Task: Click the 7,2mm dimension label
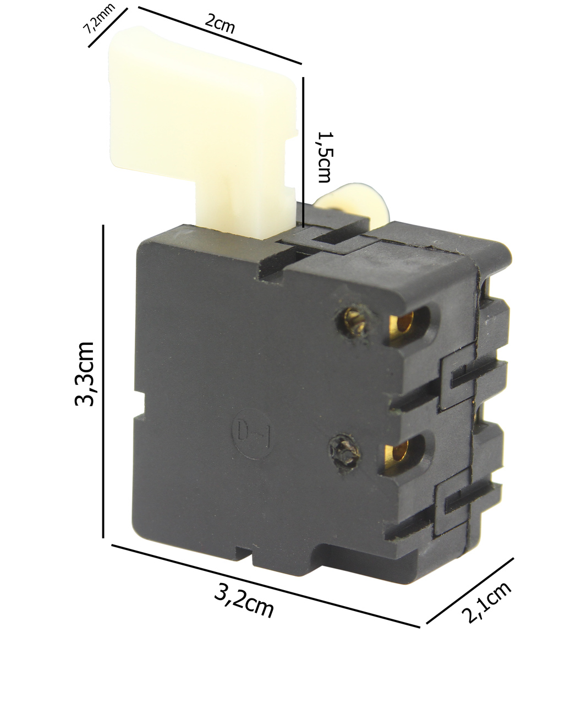pyautogui.click(x=100, y=19)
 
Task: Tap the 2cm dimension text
pyautogui.click(x=220, y=24)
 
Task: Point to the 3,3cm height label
pyautogui.click(x=84, y=374)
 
